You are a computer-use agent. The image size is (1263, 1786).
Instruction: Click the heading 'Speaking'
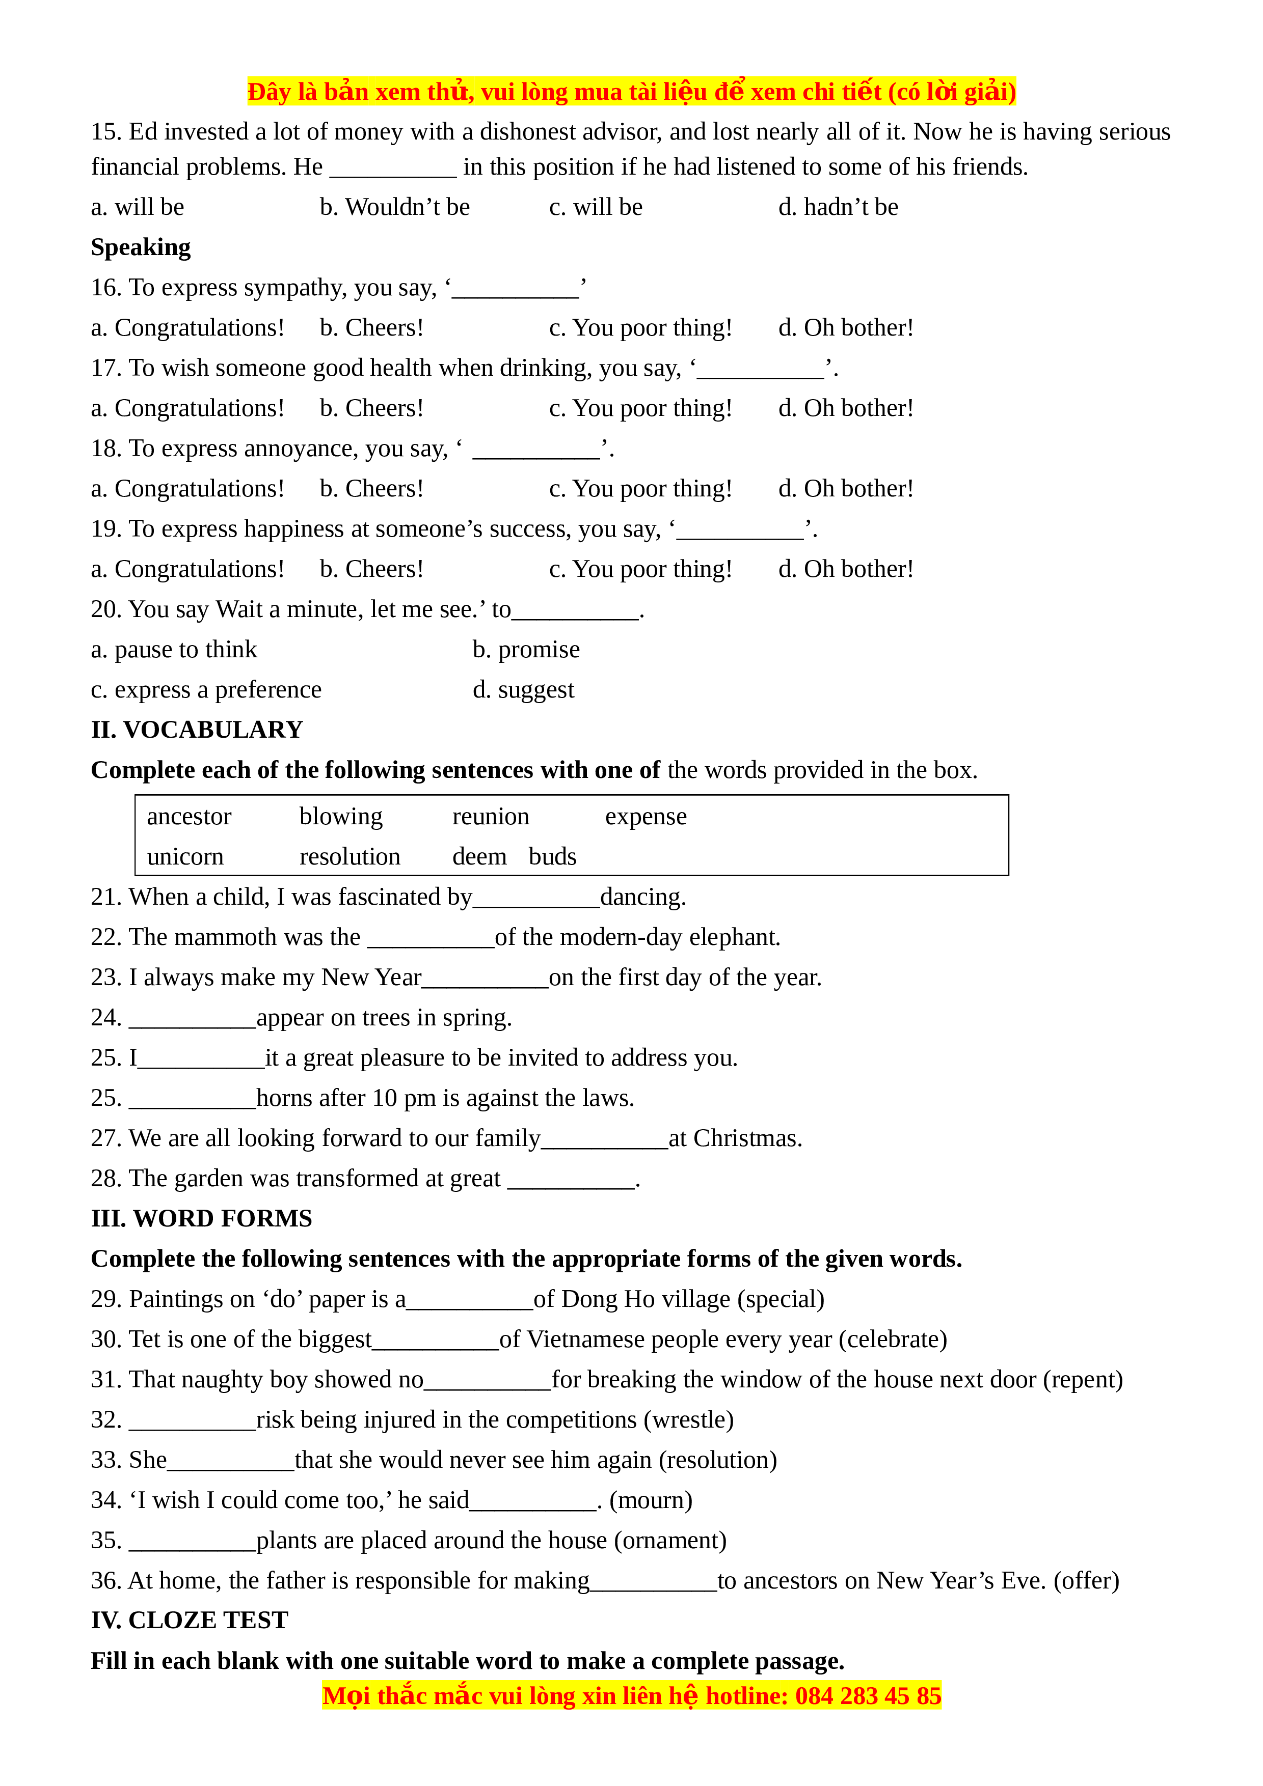[x=141, y=247]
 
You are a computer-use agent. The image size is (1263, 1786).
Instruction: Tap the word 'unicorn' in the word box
[x=185, y=856]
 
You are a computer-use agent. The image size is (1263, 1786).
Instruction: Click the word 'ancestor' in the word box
[x=189, y=817]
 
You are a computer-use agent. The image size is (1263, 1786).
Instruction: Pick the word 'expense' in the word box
[x=646, y=817]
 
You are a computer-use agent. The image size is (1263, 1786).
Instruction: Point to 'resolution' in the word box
[x=350, y=856]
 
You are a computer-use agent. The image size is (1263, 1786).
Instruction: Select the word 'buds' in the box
[x=552, y=856]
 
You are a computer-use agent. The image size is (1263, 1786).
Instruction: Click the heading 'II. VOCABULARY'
[x=197, y=730]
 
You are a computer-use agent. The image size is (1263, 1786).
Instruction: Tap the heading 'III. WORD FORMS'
[x=202, y=1218]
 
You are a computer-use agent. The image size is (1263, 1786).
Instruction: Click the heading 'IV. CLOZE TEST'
[x=189, y=1621]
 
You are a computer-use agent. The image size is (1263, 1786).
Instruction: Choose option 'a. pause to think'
[x=174, y=650]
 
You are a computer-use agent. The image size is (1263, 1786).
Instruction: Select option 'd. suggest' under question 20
[x=524, y=690]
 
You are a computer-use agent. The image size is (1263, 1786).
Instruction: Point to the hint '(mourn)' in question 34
[x=651, y=1500]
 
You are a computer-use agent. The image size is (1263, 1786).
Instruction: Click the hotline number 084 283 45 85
[x=868, y=1696]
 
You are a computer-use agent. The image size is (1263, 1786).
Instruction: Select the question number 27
[x=106, y=1139]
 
